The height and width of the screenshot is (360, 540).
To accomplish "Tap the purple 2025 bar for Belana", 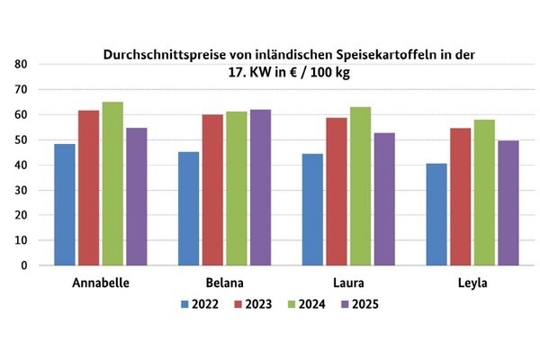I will tap(260, 187).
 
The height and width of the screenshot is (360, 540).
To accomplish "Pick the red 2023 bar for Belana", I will tap(212, 190).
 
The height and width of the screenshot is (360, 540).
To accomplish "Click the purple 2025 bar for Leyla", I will tap(508, 202).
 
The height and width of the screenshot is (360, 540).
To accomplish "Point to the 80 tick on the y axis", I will tap(20, 65).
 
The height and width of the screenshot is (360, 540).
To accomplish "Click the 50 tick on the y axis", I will tap(20, 140).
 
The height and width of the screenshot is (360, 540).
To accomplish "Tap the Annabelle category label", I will tap(100, 283).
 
